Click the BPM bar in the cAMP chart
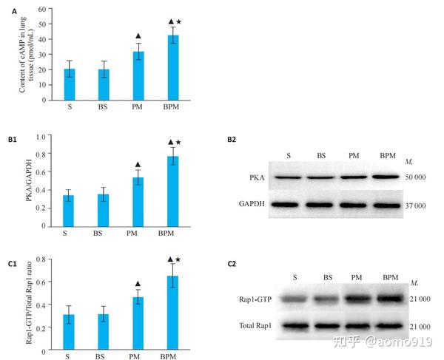pyautogui.click(x=173, y=67)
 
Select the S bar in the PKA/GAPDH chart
pyautogui.click(x=69, y=211)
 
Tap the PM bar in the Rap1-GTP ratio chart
pyautogui.click(x=138, y=323)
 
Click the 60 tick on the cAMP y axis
pyautogui.click(x=42, y=9)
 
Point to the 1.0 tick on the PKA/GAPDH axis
pyautogui.click(x=41, y=137)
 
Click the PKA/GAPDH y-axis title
pyautogui.click(x=29, y=180)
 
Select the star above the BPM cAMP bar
pyautogui.click(x=178, y=21)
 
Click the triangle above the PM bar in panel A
pyautogui.click(x=138, y=36)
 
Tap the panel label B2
pyautogui.click(x=232, y=140)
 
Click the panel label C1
pyautogui.click(x=12, y=264)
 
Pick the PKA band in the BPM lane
pyautogui.click(x=387, y=177)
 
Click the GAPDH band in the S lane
pyautogui.click(x=286, y=205)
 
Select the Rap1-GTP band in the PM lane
pyautogui.click(x=357, y=299)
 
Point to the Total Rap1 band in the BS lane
pyautogui.click(x=327, y=326)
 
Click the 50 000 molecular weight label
pyautogui.click(x=415, y=177)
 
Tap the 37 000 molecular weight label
pyautogui.click(x=415, y=206)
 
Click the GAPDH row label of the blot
pyautogui.click(x=252, y=203)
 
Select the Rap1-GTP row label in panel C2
pyautogui.click(x=255, y=299)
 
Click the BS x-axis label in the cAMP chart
pyautogui.click(x=103, y=107)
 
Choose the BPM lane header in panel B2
pyautogui.click(x=388, y=155)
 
